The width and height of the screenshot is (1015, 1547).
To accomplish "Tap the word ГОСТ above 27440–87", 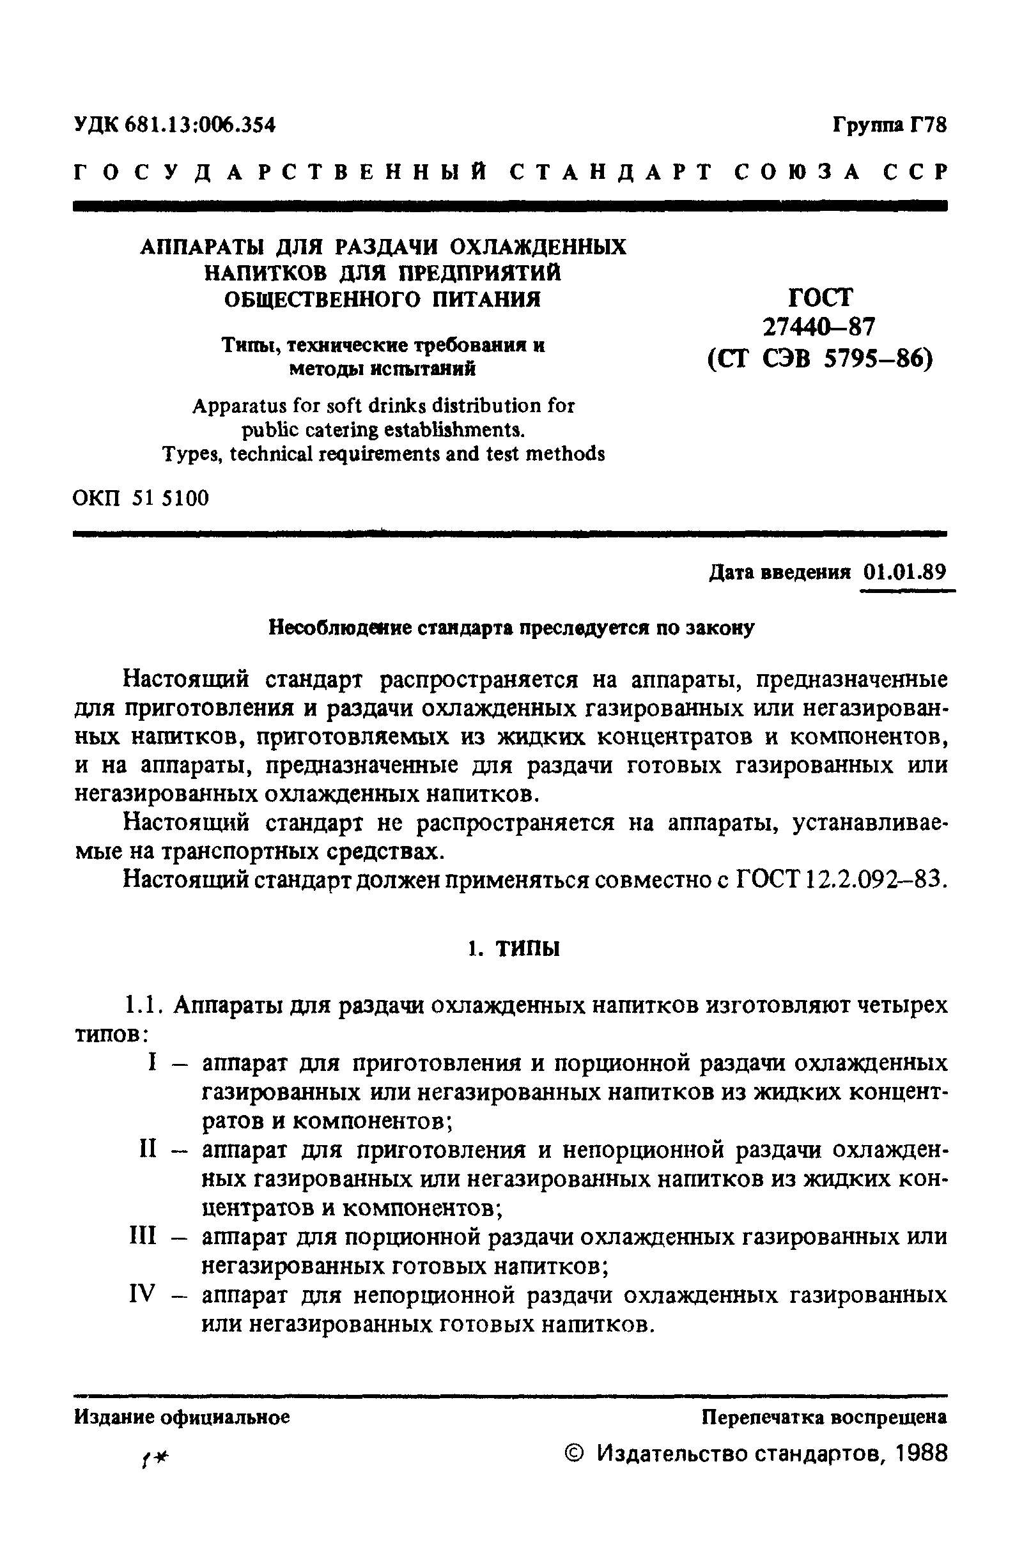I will pyautogui.click(x=820, y=297).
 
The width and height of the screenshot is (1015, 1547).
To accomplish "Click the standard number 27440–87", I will pyautogui.click(x=820, y=327).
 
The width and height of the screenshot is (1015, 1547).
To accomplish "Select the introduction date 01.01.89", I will pyautogui.click(x=904, y=572).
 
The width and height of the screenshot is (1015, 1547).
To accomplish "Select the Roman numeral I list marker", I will pyautogui.click(x=152, y=1062).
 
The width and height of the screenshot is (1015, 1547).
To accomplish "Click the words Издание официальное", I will pyautogui.click(x=182, y=1417).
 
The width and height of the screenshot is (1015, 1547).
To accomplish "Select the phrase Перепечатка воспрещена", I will pyautogui.click(x=824, y=1417).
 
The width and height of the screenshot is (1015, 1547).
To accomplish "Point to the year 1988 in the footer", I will pyautogui.click(x=920, y=1453).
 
